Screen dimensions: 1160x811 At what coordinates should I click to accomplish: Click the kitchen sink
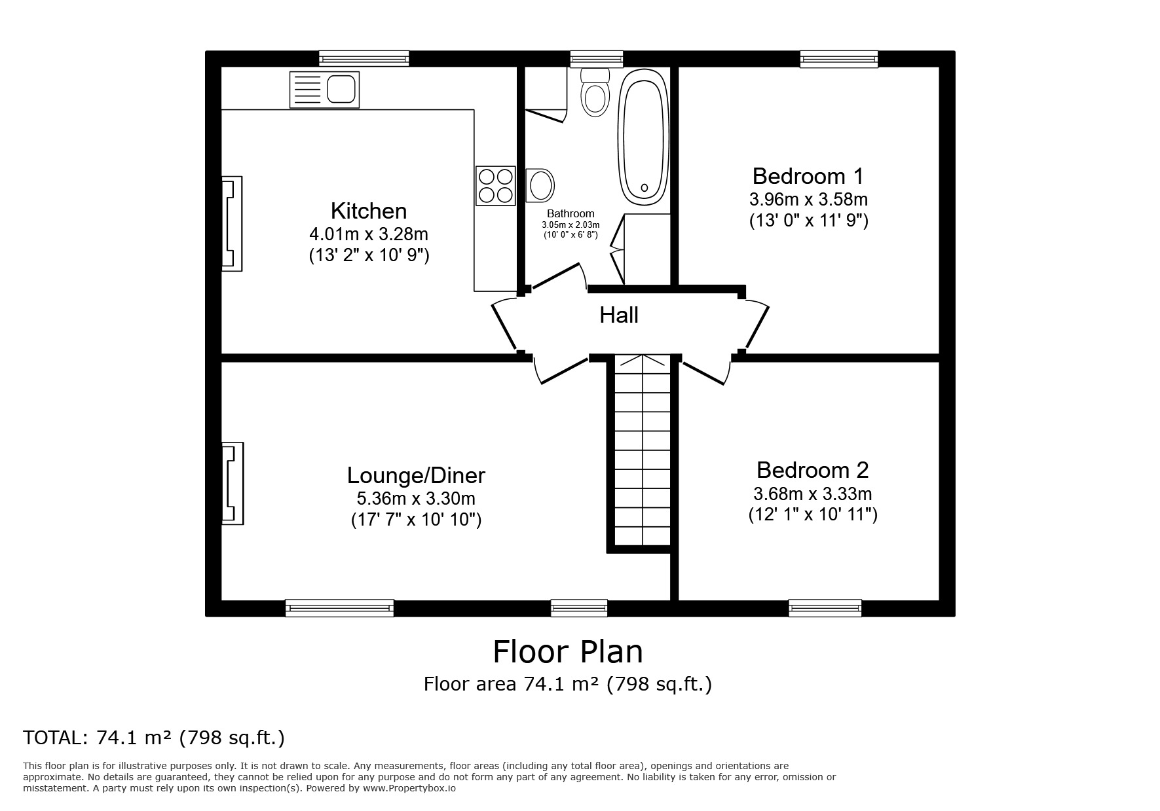tap(324, 90)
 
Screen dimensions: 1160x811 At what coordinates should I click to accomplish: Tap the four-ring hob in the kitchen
tap(496, 185)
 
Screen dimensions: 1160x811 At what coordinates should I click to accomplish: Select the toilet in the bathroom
tap(595, 92)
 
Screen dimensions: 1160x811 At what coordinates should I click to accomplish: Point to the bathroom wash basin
tap(540, 185)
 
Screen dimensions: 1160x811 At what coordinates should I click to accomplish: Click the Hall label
tap(619, 315)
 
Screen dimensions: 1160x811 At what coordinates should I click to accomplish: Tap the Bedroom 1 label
tap(808, 176)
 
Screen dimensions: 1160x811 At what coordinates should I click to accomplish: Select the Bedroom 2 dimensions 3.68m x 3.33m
tap(813, 494)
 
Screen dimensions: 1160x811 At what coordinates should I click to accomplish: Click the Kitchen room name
tap(369, 211)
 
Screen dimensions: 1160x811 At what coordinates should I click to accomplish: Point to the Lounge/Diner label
tap(416, 475)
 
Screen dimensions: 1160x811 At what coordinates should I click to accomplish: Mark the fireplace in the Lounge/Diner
tap(233, 484)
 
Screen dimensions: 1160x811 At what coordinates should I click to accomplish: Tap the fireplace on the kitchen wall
tap(232, 224)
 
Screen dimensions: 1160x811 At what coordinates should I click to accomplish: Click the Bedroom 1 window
tap(838, 60)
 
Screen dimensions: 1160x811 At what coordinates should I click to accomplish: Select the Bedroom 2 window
tap(825, 608)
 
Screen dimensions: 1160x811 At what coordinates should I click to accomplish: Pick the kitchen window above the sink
tap(364, 59)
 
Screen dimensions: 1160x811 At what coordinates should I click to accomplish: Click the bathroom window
tap(595, 60)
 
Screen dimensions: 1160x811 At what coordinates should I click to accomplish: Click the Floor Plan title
tap(568, 652)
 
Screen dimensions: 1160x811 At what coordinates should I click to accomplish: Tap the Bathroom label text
tap(571, 213)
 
